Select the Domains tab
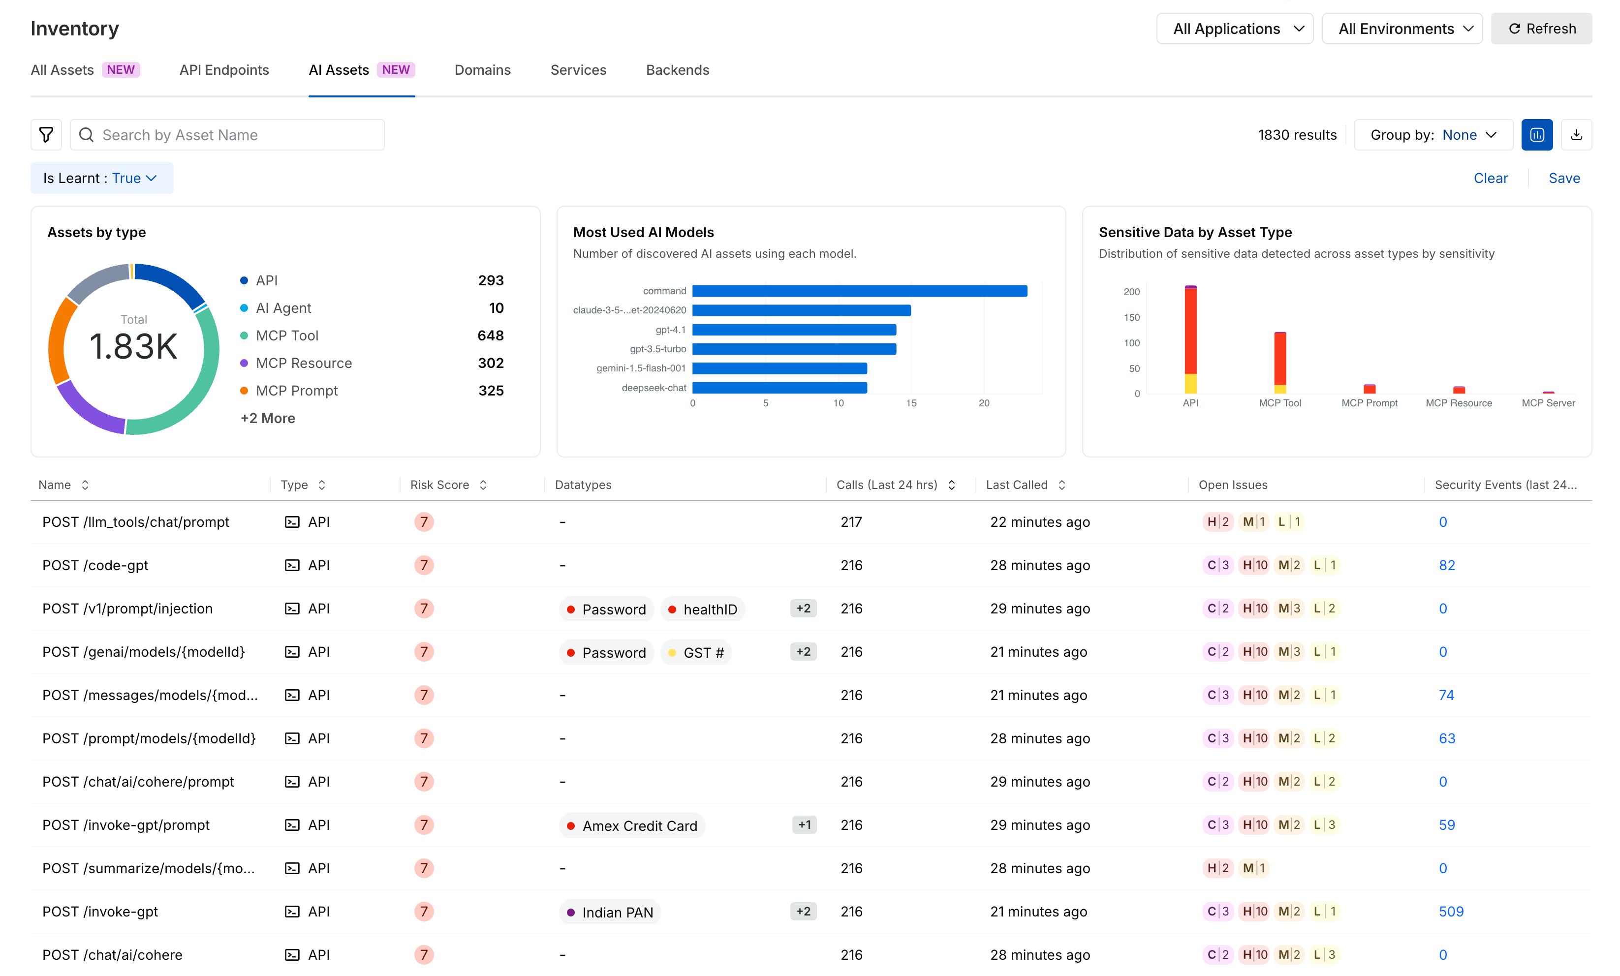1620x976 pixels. [483, 70]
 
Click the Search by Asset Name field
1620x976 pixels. [227, 135]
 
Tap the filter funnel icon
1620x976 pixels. [46, 135]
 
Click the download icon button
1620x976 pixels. [1576, 135]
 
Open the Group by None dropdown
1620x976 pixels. [1433, 135]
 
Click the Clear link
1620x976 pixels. [1491, 178]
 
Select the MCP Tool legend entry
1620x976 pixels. [287, 336]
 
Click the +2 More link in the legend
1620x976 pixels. [268, 419]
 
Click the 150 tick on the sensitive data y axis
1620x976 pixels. [1131, 317]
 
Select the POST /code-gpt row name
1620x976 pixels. [95, 565]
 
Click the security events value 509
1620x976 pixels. [1451, 912]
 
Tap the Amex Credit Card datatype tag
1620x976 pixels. [632, 825]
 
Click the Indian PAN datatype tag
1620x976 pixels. [610, 912]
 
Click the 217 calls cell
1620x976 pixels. [851, 522]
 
